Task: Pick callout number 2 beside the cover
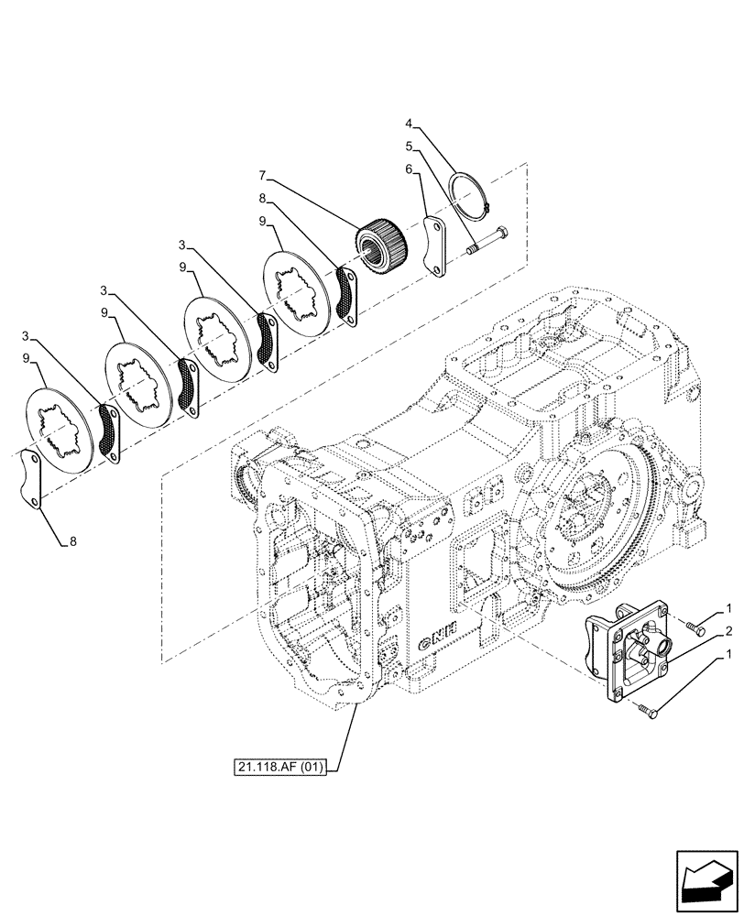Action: tap(727, 631)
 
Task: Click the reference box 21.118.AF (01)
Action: tap(286, 763)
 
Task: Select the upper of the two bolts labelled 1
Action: tap(695, 627)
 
